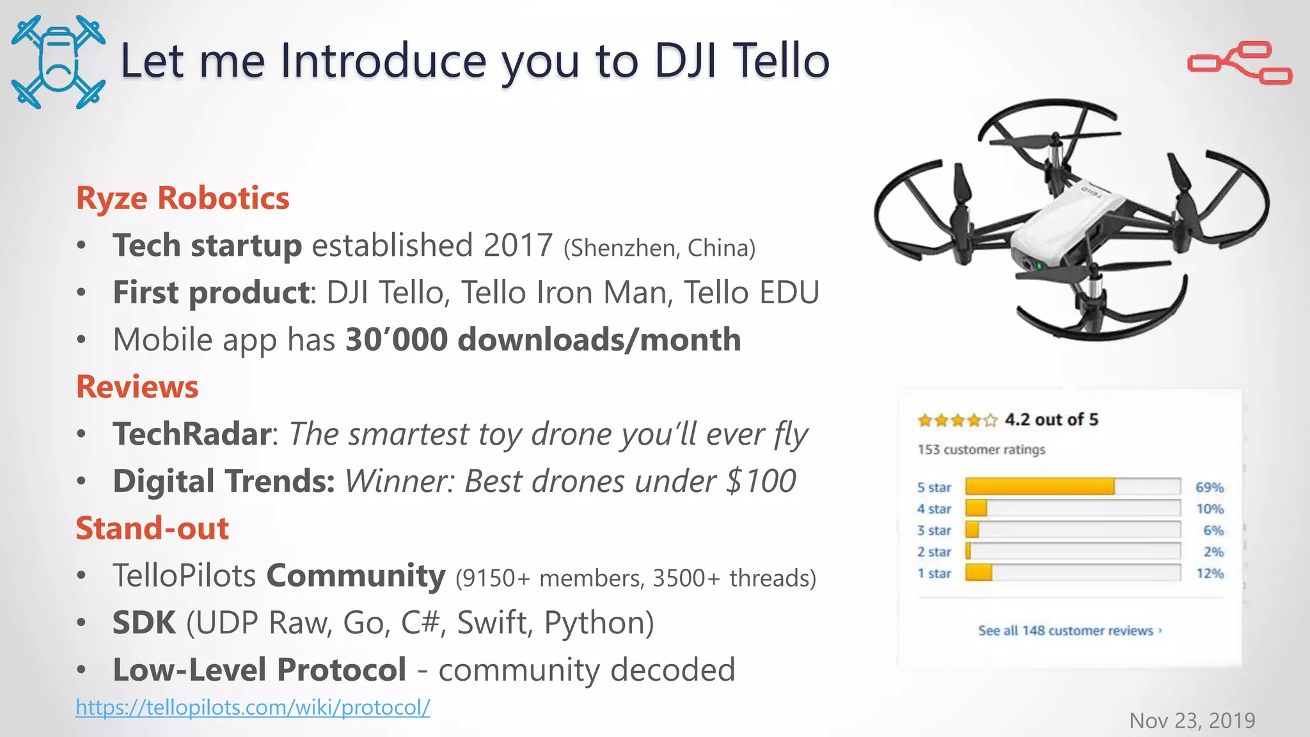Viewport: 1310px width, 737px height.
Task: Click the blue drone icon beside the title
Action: point(58,62)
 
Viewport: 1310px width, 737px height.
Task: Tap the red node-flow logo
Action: point(1240,63)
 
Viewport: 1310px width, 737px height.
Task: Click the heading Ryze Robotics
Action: point(182,198)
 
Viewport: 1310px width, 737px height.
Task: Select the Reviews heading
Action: point(137,386)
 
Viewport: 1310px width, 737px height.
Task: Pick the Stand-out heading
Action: point(152,528)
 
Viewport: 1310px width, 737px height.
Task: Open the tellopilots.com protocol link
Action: point(253,707)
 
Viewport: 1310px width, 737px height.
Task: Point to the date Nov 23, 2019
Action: point(1192,720)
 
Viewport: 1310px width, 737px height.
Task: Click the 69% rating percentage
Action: point(1209,487)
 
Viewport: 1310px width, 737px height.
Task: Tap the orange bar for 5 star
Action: point(1039,487)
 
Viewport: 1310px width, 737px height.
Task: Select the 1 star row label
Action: point(934,573)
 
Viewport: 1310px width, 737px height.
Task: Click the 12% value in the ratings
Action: point(1210,573)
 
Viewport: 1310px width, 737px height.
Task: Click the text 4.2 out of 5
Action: point(1051,420)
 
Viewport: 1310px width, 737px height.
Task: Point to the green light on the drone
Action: point(1039,265)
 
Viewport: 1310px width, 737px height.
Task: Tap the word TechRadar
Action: point(192,434)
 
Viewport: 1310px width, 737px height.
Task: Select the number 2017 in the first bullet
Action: point(517,245)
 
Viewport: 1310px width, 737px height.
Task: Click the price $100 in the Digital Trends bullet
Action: point(761,481)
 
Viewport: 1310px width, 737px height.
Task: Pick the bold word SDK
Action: point(144,622)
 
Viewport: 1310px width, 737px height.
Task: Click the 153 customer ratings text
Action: point(981,450)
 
